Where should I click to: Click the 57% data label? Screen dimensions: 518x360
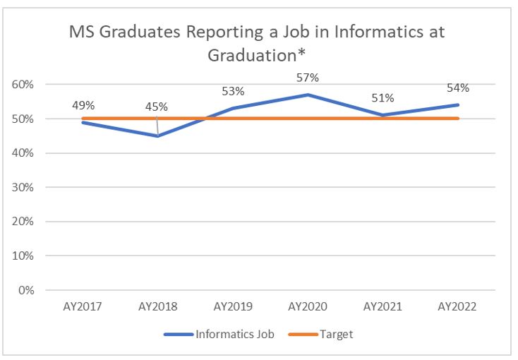pyautogui.click(x=308, y=78)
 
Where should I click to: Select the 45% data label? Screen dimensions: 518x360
pyautogui.click(x=156, y=107)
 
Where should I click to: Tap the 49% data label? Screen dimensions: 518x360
pyautogui.click(x=83, y=105)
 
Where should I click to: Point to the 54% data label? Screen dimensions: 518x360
pyautogui.click(x=458, y=88)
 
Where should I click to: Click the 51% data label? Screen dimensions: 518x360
pyautogui.click(x=383, y=98)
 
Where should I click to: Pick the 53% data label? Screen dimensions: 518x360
pyautogui.click(x=233, y=91)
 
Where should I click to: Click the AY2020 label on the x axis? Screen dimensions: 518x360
pyautogui.click(x=308, y=306)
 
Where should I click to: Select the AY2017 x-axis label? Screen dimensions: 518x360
pyautogui.click(x=83, y=306)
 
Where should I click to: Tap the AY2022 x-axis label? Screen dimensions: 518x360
pyautogui.click(x=457, y=306)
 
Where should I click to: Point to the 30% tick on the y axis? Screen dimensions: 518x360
pyautogui.click(x=23, y=188)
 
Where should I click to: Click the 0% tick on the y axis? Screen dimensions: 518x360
pyautogui.click(x=26, y=290)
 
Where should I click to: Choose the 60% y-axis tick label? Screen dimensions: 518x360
pyautogui.click(x=23, y=85)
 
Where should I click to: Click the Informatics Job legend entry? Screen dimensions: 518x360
pyautogui.click(x=219, y=334)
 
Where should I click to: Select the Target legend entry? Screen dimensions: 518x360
pyautogui.click(x=321, y=334)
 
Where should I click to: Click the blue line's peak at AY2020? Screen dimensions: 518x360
pyautogui.click(x=308, y=95)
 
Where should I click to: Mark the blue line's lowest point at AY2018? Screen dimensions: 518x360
pyautogui.click(x=158, y=136)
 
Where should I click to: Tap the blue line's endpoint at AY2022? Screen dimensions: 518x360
pyautogui.click(x=457, y=104)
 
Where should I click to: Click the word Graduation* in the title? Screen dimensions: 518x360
pyautogui.click(x=256, y=55)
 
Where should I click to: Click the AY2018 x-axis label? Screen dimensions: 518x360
pyautogui.click(x=157, y=306)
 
